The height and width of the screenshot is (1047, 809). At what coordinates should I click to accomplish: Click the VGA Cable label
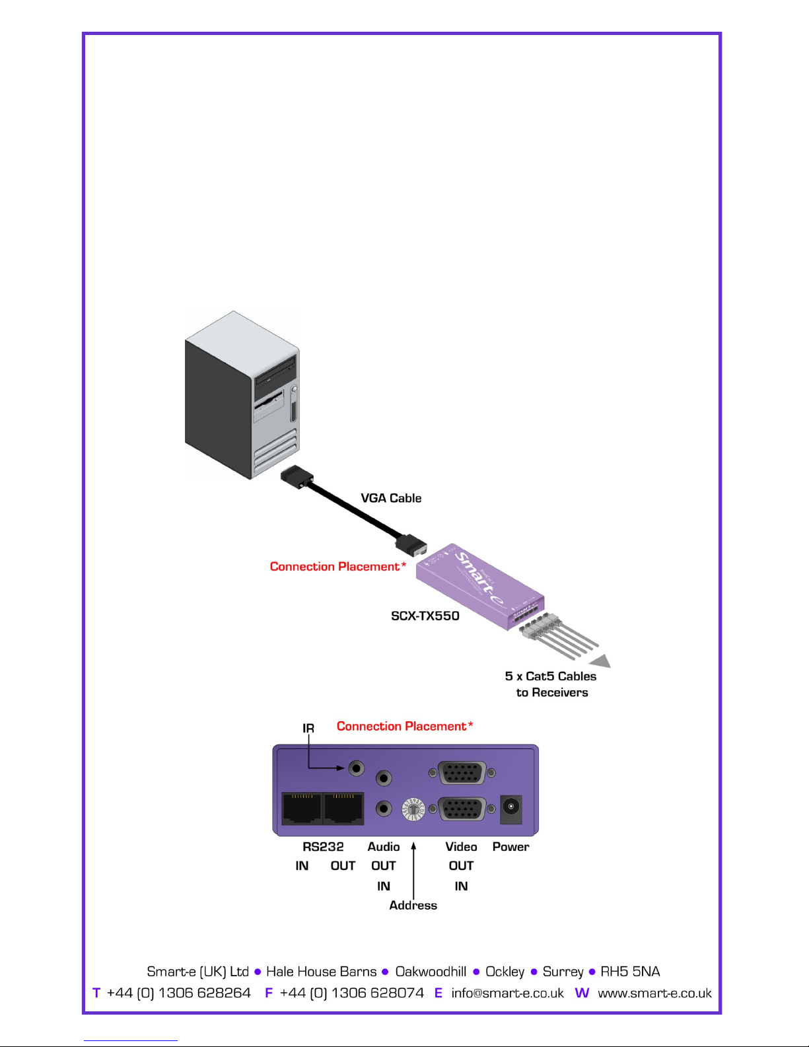(391, 498)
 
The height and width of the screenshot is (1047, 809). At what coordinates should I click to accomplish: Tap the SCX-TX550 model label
(425, 616)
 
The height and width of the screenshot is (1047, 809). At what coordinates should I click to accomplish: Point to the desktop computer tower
(242, 395)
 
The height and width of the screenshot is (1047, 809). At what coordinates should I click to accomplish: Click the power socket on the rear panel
(511, 809)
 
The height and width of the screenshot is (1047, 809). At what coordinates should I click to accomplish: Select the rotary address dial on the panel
(413, 810)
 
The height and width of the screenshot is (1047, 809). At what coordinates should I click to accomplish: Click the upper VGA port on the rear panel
(462, 774)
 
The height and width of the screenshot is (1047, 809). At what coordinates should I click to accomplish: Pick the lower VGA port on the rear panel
(462, 809)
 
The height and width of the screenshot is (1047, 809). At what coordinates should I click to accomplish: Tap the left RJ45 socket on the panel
(302, 809)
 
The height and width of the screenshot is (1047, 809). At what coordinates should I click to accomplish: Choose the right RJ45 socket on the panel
(343, 809)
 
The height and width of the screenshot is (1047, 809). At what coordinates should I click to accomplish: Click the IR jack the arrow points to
(357, 768)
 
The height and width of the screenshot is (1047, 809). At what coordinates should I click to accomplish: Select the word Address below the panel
(413, 906)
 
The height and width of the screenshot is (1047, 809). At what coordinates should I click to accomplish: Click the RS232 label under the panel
(323, 847)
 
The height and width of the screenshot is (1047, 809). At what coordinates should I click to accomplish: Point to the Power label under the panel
(510, 847)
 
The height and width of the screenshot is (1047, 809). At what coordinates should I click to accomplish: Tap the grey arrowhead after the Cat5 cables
(602, 661)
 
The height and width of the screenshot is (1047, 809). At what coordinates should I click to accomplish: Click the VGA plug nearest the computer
(297, 477)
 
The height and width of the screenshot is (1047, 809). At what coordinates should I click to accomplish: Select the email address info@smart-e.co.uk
(508, 993)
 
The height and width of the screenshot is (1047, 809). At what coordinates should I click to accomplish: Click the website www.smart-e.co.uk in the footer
(655, 993)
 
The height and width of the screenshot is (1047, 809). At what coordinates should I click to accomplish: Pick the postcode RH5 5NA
(630, 971)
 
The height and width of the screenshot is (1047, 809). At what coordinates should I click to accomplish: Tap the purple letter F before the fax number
(269, 993)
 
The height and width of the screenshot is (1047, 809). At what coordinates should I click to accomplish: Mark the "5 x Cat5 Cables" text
(550, 676)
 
